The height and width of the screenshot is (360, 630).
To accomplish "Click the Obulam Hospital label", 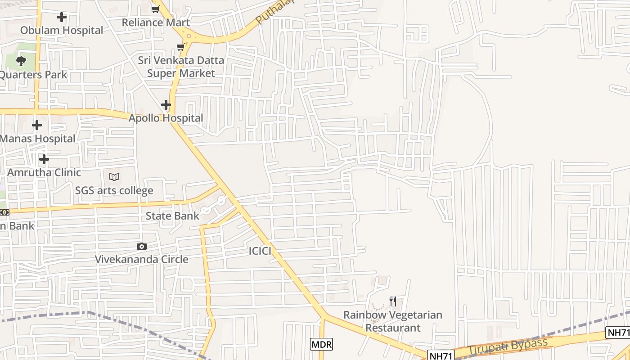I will coord(62,30).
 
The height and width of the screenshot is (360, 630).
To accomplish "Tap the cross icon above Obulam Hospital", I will coord(62,17).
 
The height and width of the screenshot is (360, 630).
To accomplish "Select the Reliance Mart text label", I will coord(156,22).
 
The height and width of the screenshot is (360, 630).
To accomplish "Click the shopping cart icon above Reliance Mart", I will coord(155,9).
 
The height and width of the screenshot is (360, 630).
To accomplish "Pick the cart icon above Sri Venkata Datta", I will coord(180,47).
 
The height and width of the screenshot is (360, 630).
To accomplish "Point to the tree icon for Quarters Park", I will coord(21,61).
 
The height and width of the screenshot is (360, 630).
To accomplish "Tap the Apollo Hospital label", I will coord(166,118).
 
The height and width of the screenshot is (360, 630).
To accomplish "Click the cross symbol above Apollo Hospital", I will coord(166,105).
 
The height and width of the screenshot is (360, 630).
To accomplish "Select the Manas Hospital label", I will coord(37,139).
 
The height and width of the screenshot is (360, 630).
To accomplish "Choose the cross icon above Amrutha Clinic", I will coord(44,159).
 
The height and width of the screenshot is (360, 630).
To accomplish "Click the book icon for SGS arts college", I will coord(114,177).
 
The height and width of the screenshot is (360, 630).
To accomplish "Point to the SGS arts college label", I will coord(114,190).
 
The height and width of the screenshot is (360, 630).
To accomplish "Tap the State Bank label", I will coord(172,216).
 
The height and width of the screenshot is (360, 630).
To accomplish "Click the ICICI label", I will coord(260,251).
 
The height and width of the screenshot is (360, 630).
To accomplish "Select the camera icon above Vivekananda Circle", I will coord(141,246).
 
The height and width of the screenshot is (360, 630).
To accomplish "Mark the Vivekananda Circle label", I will coord(141,259).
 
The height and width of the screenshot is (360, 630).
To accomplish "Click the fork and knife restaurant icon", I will coord(393,301).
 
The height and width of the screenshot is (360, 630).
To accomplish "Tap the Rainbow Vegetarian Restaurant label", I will coord(393,321).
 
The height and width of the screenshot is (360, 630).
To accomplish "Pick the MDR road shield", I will coord(321,345).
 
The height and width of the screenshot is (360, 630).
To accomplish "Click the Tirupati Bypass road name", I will coord(508,346).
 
